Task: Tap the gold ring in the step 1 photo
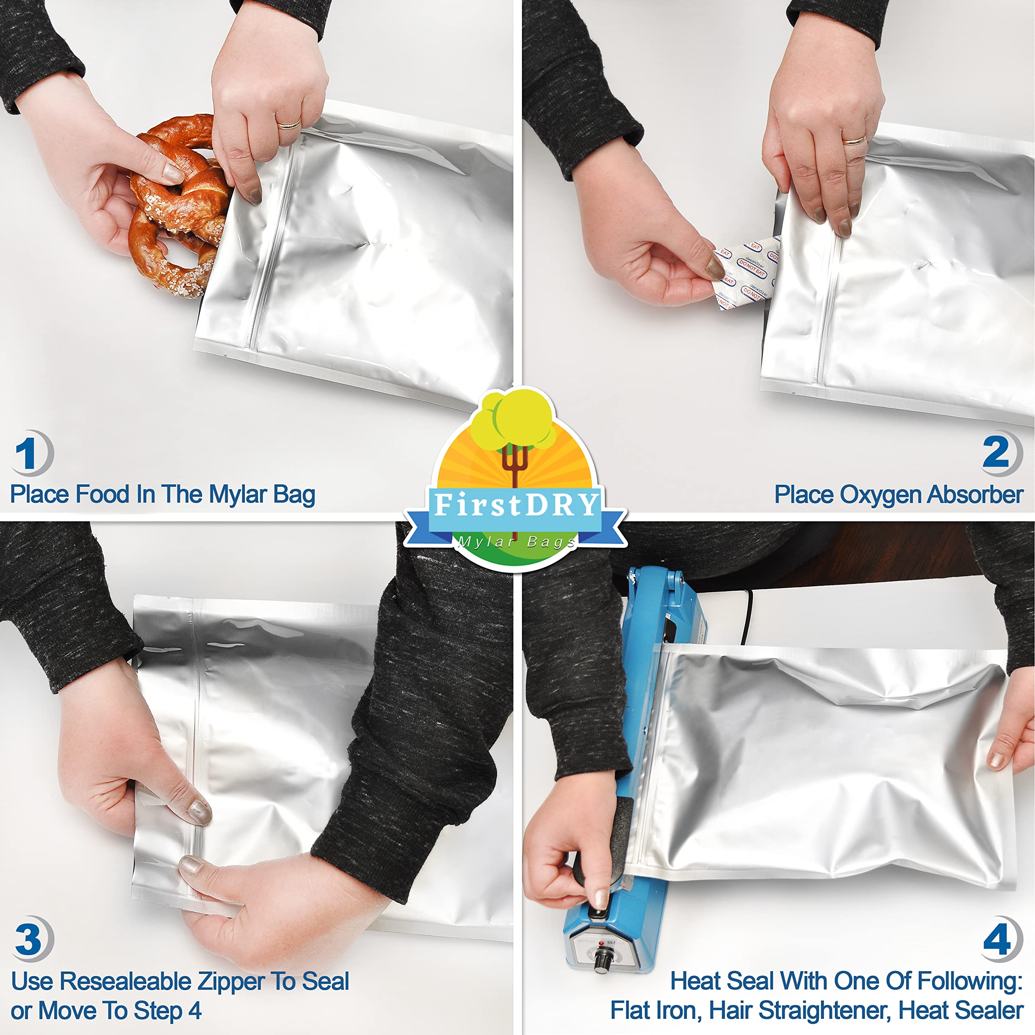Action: (289, 125)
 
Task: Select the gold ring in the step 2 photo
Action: (854, 141)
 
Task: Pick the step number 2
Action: (995, 453)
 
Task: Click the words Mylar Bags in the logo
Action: (516, 542)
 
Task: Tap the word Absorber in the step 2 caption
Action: (975, 494)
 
